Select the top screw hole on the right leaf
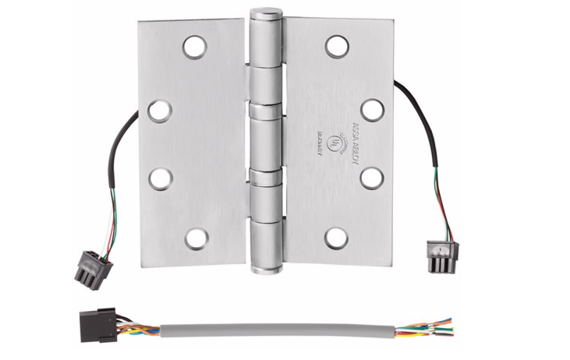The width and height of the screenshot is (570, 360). pyautogui.click(x=337, y=47)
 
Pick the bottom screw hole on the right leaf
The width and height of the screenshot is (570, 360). pyautogui.click(x=337, y=238)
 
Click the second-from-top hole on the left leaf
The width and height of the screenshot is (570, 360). pyautogui.click(x=160, y=111)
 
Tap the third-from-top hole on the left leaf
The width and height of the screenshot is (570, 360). pyautogui.click(x=160, y=178)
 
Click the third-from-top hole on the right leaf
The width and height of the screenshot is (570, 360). pyautogui.click(x=372, y=178)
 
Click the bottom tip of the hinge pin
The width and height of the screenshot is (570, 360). pyautogui.click(x=266, y=270)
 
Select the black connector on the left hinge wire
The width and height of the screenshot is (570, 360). pyautogui.click(x=93, y=267)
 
